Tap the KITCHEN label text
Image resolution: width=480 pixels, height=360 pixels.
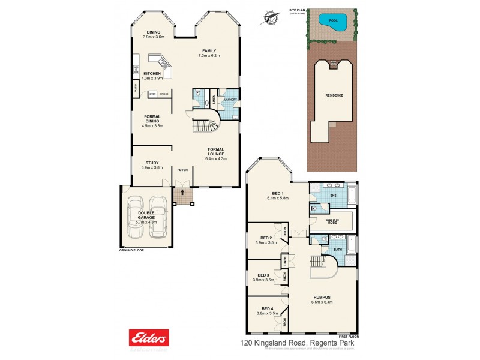(152, 73)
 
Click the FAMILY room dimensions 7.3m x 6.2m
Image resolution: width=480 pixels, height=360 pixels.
(209, 55)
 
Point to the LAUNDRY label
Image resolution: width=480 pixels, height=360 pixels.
(230, 100)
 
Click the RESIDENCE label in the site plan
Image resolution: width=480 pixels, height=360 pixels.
(335, 95)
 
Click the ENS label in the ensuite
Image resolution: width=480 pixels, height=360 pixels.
(334, 194)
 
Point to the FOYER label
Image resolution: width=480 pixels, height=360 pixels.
(182, 170)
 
